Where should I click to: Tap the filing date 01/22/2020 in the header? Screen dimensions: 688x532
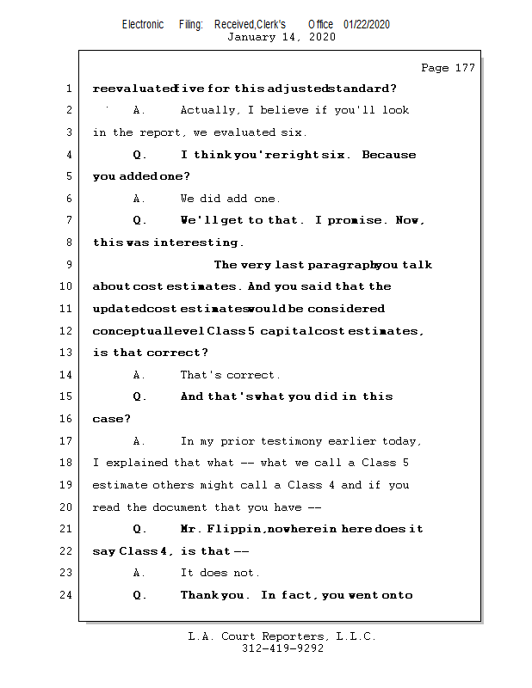(x=366, y=25)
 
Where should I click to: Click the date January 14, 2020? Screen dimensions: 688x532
(x=281, y=37)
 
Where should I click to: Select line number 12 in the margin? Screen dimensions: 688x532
(x=66, y=331)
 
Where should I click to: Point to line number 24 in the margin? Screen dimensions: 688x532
(x=66, y=595)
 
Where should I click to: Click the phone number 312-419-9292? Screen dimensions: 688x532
(x=282, y=648)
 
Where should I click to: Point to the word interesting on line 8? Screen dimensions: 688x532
(x=198, y=243)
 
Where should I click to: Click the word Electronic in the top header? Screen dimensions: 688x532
(x=143, y=25)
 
